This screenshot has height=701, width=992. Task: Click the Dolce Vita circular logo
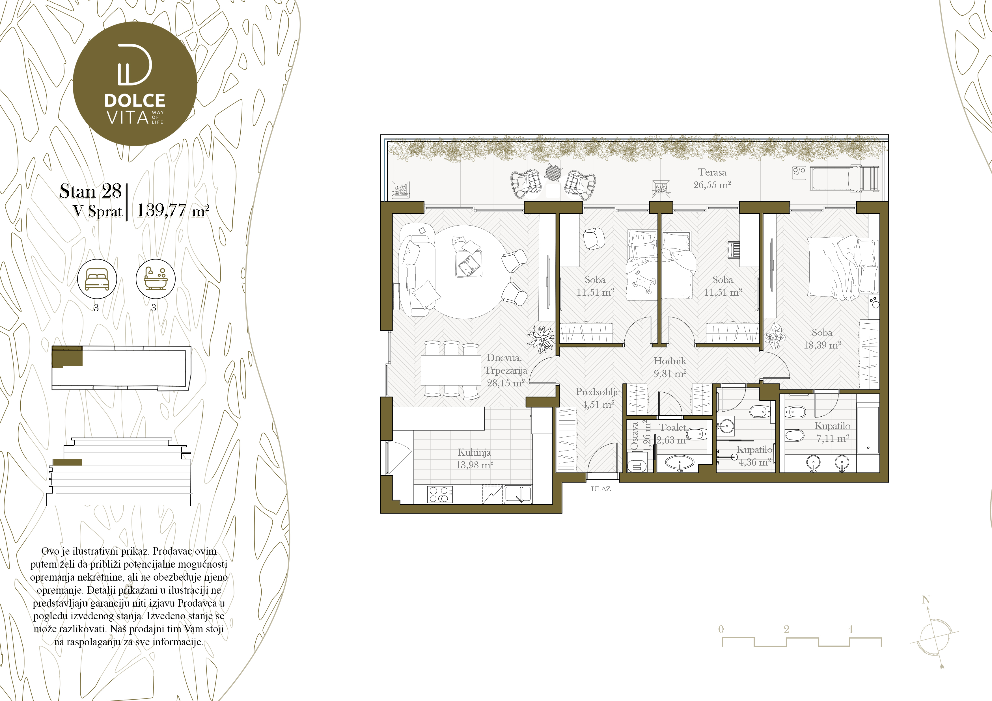135,84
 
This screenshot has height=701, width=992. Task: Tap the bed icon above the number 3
97,279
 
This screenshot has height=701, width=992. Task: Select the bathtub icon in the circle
156,279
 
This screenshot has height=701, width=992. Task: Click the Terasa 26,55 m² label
712,178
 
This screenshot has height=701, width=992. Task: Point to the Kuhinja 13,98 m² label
475,459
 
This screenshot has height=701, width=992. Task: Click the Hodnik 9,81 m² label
670,367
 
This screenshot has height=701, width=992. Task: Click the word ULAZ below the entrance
601,489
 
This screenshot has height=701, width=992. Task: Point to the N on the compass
926,600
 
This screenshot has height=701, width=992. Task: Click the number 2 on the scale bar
786,629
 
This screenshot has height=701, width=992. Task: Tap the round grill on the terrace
553,172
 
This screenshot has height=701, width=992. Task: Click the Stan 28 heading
91,191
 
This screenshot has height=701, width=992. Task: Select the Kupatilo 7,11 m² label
832,432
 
